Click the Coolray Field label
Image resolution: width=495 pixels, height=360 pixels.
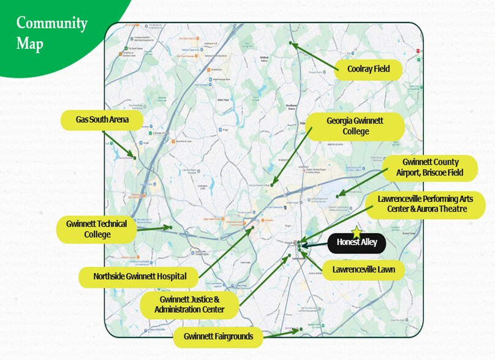click(369, 69)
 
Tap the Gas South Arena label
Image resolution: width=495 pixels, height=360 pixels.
click(102, 119)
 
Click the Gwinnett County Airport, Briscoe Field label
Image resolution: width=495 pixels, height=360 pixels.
click(430, 168)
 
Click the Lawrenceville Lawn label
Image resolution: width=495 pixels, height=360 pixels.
click(364, 269)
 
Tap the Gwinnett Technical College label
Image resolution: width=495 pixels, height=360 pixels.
click(97, 229)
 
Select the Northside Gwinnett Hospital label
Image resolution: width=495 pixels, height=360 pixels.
click(140, 276)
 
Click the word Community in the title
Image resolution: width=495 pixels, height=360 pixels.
click(52, 24)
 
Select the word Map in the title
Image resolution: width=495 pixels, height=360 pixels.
click(30, 45)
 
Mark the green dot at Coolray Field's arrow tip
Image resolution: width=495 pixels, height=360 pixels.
click(291, 43)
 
